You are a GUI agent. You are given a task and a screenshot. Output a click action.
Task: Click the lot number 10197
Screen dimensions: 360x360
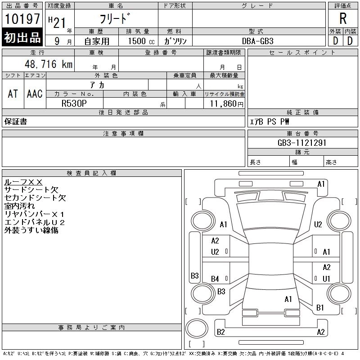coord(22,19)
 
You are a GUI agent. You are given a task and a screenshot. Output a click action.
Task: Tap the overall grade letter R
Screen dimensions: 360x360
coord(343,18)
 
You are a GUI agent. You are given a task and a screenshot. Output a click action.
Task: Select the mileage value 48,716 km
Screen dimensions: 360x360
coord(49,64)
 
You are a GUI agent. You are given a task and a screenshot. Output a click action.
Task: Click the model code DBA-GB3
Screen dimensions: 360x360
coord(257,41)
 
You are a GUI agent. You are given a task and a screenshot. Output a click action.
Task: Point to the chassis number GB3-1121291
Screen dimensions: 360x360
coord(302,143)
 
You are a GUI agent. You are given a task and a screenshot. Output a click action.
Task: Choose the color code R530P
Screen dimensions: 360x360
coord(74,103)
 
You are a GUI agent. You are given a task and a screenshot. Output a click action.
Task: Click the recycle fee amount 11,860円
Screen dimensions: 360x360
coord(226,104)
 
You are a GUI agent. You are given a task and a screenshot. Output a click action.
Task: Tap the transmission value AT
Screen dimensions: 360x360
coord(13,94)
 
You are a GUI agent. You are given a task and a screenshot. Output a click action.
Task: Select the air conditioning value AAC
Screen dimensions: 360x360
coord(35,94)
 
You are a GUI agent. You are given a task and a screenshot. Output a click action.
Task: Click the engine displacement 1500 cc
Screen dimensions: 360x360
coord(141,41)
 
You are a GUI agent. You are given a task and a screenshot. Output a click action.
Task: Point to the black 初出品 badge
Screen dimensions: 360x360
coord(22,37)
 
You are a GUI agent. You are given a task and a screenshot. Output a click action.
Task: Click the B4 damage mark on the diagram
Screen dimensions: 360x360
coord(215,279)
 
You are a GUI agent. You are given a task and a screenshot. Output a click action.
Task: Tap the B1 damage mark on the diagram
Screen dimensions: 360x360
coord(320,308)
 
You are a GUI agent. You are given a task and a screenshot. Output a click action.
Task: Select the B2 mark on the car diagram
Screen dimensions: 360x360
coord(220,332)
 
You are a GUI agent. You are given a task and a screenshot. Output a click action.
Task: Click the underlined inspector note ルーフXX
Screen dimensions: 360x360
coord(23,182)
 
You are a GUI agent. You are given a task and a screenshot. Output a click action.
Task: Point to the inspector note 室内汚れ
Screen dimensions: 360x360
coord(19,206)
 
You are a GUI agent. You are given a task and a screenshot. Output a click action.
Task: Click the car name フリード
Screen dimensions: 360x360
coord(115,18)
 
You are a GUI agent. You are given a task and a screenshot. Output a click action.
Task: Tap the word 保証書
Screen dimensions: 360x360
coord(16,121)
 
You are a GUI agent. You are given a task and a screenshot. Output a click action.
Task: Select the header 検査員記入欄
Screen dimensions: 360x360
coord(91,173)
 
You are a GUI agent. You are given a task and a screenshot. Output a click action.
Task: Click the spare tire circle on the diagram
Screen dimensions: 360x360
coord(197,328)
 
